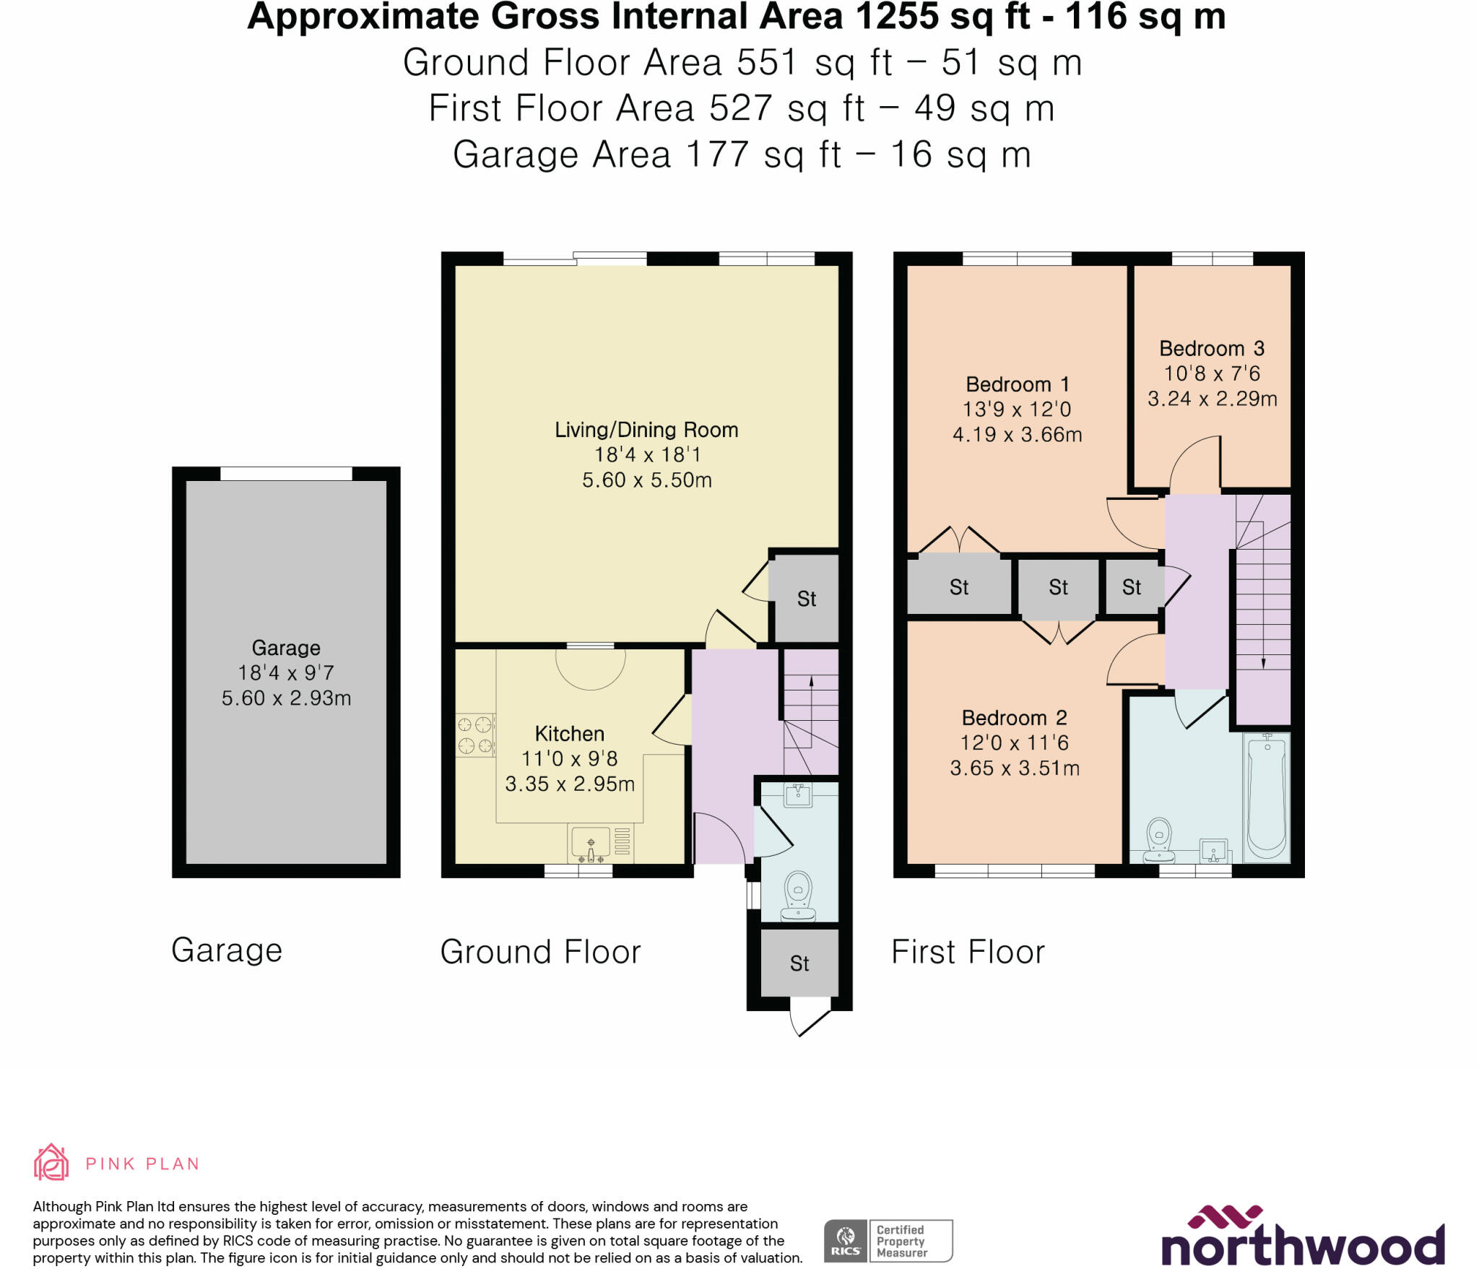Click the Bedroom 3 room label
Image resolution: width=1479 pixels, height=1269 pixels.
tap(1211, 349)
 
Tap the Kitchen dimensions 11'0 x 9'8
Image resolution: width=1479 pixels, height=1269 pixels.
tap(569, 758)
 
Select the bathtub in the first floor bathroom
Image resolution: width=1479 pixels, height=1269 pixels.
tap(1267, 797)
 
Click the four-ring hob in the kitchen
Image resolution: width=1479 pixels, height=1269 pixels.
tap(475, 735)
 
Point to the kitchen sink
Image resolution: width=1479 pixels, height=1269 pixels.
tap(591, 842)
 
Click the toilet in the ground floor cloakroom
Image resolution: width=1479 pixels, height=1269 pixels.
tap(798, 895)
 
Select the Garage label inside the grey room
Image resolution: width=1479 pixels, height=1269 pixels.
tap(286, 648)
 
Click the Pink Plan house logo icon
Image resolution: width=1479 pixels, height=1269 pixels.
tap(51, 1162)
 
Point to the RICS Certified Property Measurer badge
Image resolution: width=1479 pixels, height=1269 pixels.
tap(888, 1241)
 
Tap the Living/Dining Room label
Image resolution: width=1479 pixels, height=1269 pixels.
tap(646, 430)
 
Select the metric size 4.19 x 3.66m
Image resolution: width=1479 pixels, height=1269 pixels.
tap(1017, 435)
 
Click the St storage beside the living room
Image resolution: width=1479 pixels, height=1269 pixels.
tap(806, 599)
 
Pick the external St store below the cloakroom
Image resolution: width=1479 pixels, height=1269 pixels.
tap(799, 963)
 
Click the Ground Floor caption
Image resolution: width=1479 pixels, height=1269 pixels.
tap(540, 952)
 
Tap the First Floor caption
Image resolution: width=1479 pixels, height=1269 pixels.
tap(968, 952)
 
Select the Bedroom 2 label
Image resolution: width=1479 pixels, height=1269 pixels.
tap(1014, 718)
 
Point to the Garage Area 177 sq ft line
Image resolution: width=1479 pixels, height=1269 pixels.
tap(741, 155)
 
